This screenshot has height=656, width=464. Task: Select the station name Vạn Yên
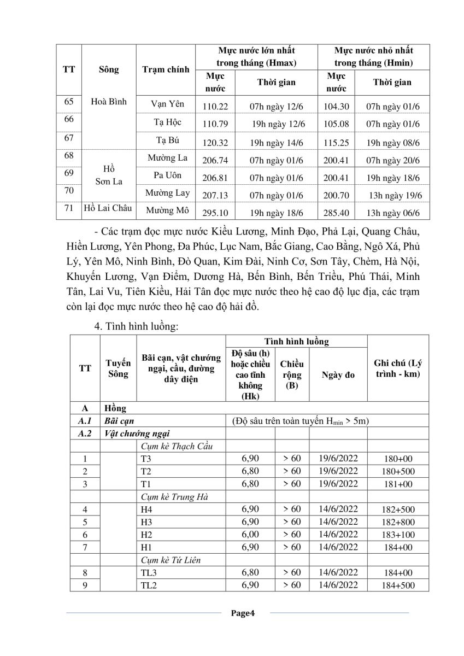click(168, 104)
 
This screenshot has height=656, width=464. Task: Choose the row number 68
click(69, 156)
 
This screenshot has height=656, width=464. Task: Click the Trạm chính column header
click(166, 69)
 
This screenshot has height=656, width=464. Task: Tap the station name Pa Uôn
click(168, 175)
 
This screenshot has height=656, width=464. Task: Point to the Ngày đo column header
click(338, 374)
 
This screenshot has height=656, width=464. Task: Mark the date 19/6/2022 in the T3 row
click(338, 458)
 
